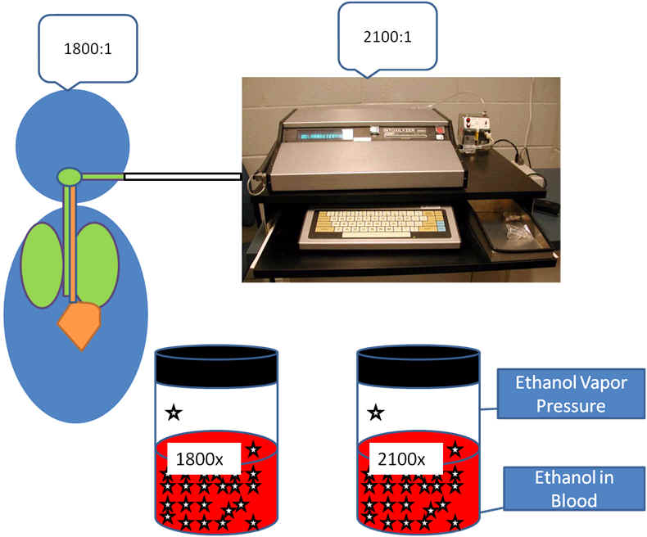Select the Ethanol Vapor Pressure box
(559, 393)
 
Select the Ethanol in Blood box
(559, 488)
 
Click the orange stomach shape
(79, 324)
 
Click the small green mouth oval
(69, 175)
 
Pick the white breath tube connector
(182, 175)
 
